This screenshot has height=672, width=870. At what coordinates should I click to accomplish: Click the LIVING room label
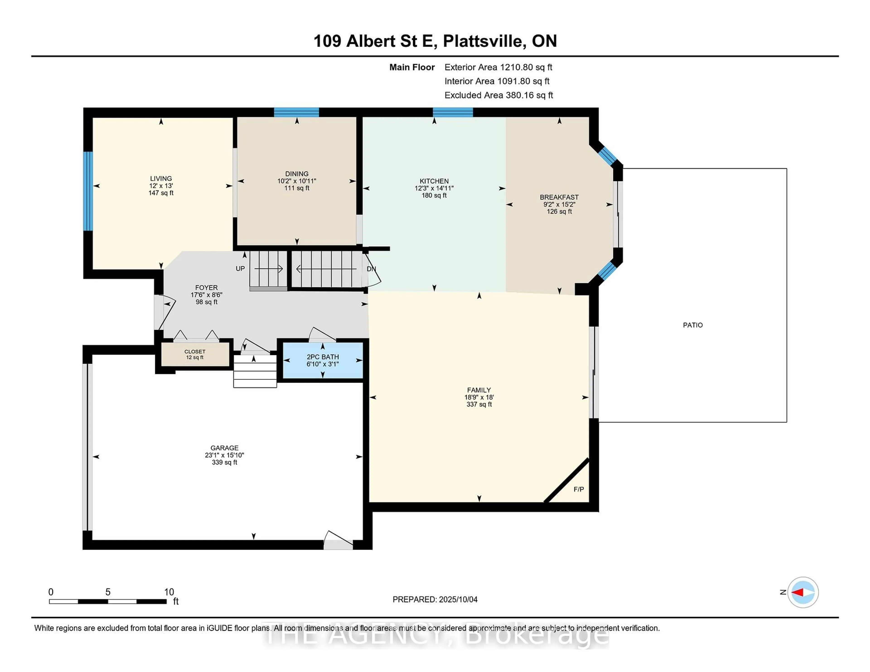point(161,178)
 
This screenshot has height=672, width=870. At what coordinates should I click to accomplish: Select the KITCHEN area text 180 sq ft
point(434,195)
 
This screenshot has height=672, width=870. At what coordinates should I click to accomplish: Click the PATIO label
point(693,325)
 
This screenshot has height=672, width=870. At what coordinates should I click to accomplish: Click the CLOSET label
point(195,352)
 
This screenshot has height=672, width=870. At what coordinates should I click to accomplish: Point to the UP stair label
point(240,269)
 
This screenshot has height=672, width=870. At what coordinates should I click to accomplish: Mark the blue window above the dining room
point(296,112)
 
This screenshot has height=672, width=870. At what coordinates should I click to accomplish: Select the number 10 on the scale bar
point(169,592)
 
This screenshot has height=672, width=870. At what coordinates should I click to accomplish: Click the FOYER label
point(206,287)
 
